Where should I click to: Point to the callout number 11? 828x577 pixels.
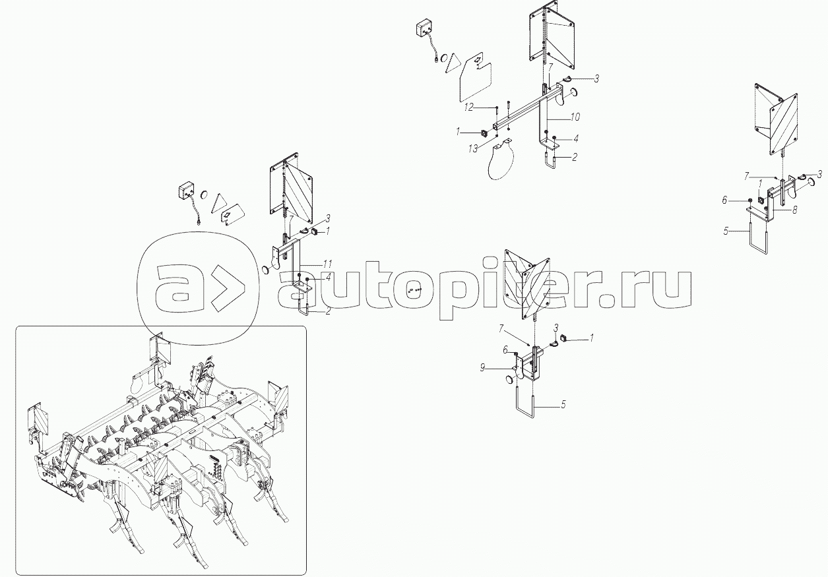pos(327,264)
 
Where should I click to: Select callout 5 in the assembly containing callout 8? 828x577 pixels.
pos(726,231)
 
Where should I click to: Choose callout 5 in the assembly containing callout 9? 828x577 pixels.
pos(563,404)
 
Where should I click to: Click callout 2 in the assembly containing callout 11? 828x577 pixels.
pos(328,311)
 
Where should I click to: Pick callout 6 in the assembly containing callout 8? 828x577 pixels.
pos(724,200)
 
